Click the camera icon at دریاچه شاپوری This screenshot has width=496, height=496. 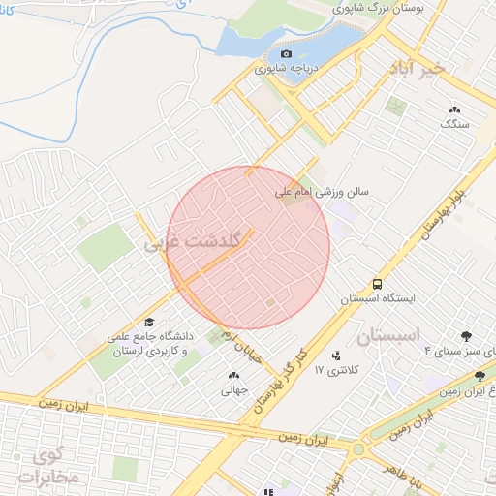[x=286, y=53]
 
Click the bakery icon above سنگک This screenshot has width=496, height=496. [x=455, y=109]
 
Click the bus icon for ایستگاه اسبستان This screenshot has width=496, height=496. [x=376, y=284]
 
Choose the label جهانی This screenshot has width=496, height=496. [x=234, y=390]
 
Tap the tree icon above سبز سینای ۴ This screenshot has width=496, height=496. [x=467, y=336]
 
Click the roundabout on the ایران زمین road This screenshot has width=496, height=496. [x=359, y=449]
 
